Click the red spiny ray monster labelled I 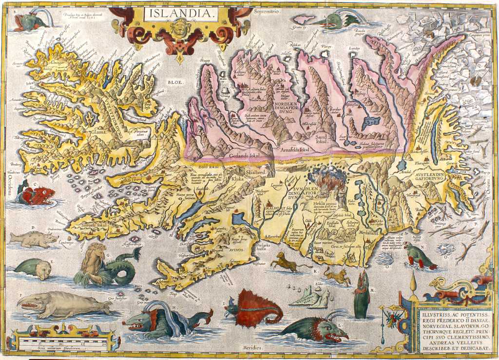256,308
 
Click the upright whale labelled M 361,293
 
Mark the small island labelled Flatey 326,47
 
